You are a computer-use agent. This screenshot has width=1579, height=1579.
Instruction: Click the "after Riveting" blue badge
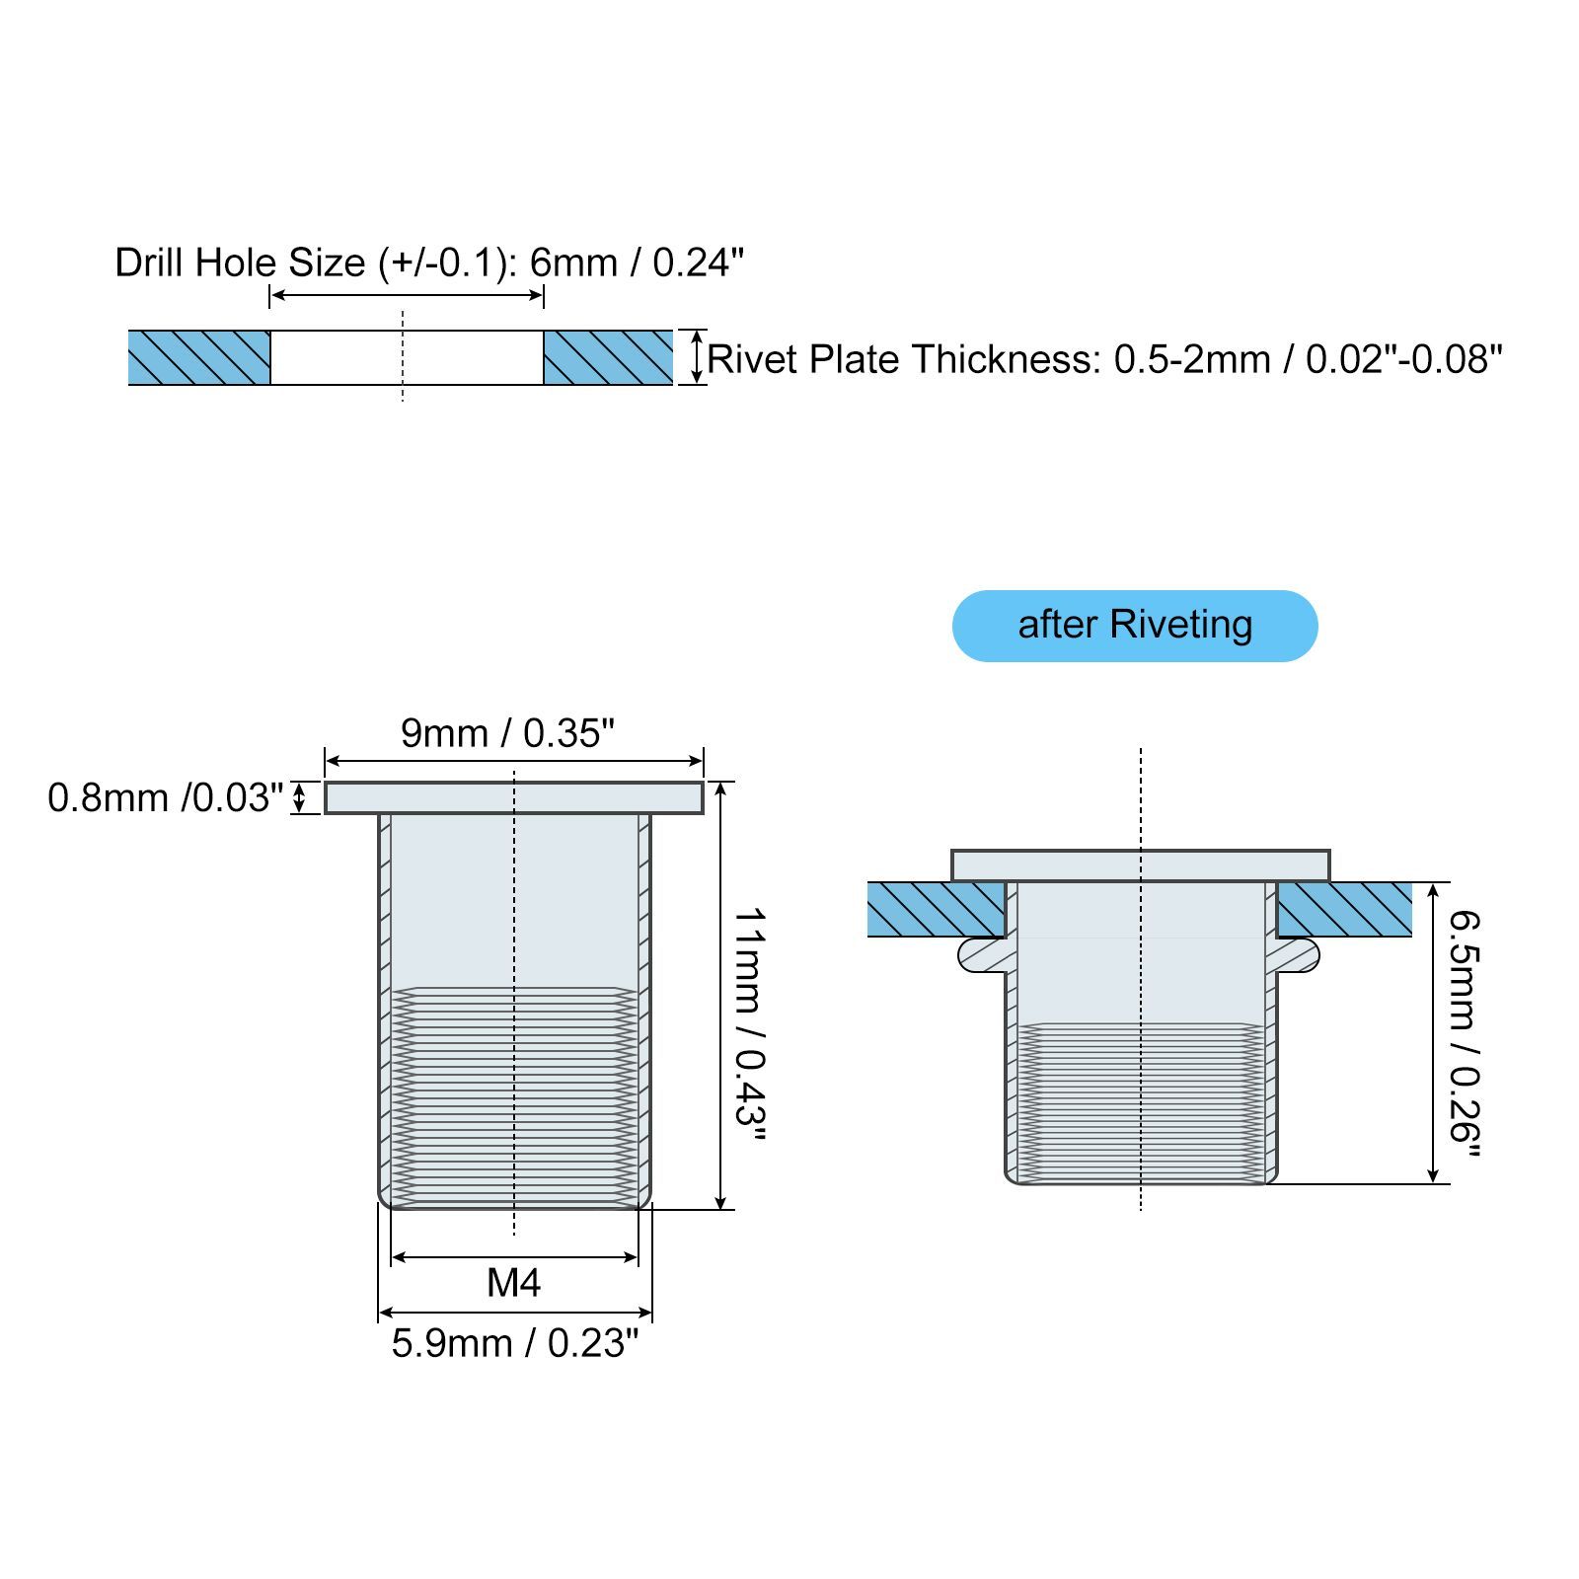[1135, 626]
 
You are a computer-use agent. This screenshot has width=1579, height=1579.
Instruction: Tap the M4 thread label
[514, 1283]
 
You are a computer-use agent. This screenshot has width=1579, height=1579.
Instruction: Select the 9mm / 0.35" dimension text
[507, 733]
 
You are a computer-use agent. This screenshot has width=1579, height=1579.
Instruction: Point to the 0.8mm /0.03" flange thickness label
[166, 797]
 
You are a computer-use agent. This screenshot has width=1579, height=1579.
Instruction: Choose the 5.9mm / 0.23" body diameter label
[515, 1343]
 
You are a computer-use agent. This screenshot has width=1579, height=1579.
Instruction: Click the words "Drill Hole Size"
[241, 263]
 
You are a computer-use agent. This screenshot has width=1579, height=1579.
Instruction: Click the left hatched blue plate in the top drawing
[199, 357]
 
